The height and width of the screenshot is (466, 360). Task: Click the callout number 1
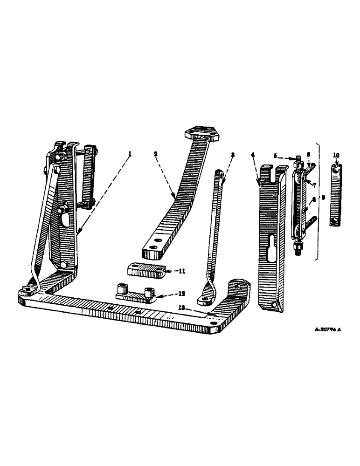click(x=130, y=153)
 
